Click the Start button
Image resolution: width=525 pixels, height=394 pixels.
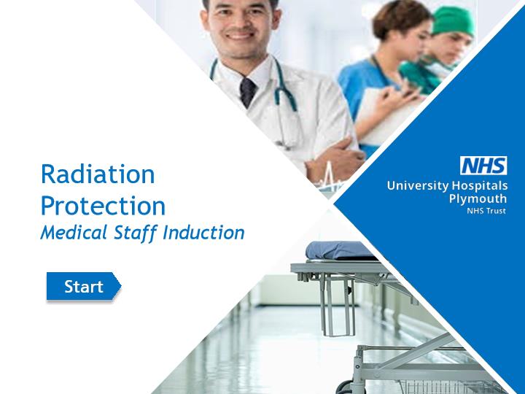click(x=84, y=286)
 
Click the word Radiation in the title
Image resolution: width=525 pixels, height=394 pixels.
click(x=98, y=174)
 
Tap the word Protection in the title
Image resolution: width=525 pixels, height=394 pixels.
click(x=103, y=205)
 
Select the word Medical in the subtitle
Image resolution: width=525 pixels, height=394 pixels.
click(x=74, y=233)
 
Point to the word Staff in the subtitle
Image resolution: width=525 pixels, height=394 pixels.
click(x=136, y=233)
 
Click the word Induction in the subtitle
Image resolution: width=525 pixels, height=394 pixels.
click(x=203, y=233)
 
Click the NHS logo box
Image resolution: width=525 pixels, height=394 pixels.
click(x=483, y=166)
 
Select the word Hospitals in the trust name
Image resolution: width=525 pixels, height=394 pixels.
click(x=480, y=186)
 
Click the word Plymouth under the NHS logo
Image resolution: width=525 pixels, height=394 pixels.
click(x=478, y=198)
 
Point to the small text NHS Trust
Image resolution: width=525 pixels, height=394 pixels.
click(x=486, y=211)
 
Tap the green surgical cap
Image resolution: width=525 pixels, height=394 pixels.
click(x=454, y=20)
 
